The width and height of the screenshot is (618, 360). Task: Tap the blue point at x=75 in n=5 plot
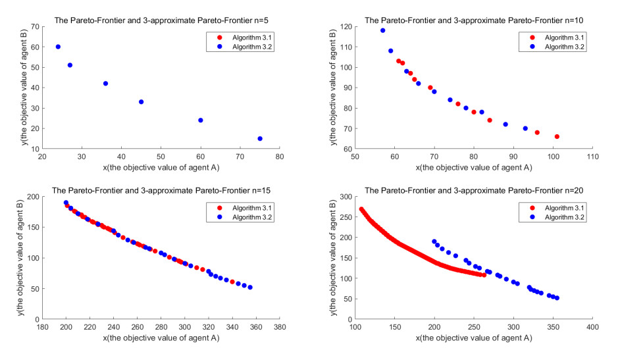(260, 138)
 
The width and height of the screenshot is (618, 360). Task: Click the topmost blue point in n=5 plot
(58, 47)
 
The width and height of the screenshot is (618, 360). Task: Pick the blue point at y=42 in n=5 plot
(105, 84)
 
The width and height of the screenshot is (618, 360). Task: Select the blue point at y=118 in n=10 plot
(382, 30)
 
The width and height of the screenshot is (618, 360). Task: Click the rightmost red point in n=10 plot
(557, 137)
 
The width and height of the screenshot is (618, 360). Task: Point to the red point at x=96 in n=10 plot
(537, 132)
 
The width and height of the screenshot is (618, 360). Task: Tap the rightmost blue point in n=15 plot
(250, 287)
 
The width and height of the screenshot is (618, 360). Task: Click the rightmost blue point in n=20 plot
(557, 298)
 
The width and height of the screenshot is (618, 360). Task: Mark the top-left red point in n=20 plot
(361, 209)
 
